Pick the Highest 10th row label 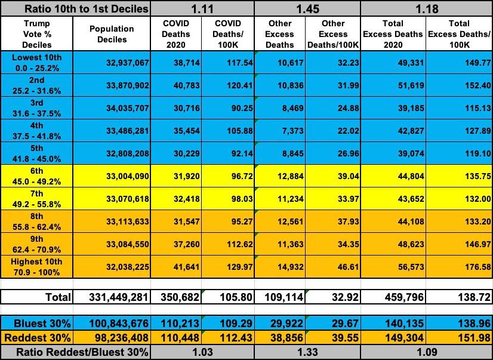[36, 266]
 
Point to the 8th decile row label [36, 220]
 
